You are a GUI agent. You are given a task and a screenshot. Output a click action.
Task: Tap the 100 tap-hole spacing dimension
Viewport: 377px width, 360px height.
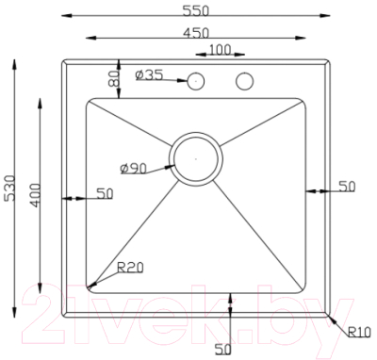click(x=221, y=49)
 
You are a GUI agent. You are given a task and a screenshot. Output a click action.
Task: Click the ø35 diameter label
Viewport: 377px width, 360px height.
click(x=150, y=76)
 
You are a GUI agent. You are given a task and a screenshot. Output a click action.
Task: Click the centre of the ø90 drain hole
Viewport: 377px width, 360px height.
click(x=196, y=157)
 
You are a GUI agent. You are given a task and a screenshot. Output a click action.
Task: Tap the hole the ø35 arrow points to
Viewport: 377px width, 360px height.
click(x=197, y=81)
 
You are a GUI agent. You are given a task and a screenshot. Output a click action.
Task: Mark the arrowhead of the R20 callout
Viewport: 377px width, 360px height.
click(x=90, y=284)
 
